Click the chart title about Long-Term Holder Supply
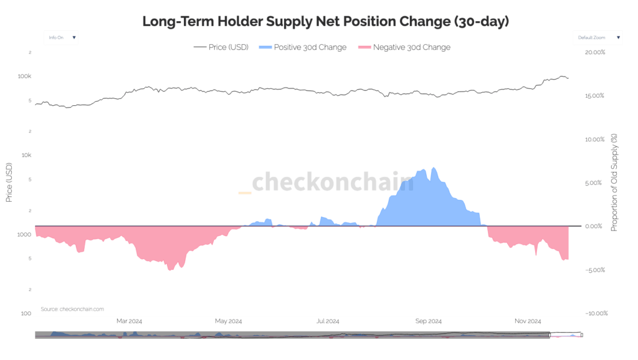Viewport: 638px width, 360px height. (325, 21)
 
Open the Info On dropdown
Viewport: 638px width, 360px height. (61, 37)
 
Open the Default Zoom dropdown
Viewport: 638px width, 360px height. (597, 37)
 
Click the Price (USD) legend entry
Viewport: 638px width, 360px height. (221, 47)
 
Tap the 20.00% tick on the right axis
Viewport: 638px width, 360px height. (595, 52)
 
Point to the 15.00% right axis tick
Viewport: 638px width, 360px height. (595, 96)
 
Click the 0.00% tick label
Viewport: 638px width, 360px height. (596, 226)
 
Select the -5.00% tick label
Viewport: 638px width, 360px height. (596, 270)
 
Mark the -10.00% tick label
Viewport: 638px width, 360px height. (594, 313)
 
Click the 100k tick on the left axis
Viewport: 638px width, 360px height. (25, 76)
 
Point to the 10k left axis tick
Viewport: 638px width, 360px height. (26, 155)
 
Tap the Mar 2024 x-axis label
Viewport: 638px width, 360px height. (130, 321)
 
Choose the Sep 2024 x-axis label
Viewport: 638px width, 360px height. (428, 321)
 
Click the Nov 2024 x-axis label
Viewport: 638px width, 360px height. (528, 321)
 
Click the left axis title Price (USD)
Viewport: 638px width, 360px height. (9, 182)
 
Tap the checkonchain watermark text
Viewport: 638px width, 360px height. (331, 182)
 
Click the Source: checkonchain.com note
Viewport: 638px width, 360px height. (72, 309)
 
